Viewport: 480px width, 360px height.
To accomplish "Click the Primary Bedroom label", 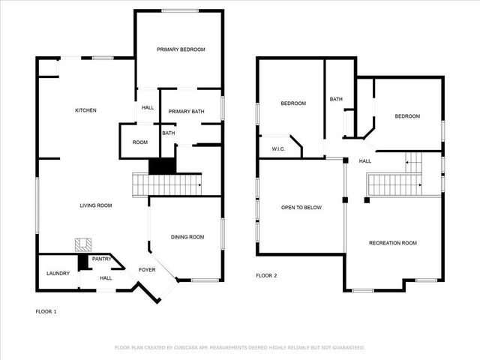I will (181, 49).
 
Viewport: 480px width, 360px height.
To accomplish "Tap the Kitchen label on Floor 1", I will (85, 110).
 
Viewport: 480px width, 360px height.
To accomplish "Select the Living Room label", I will (97, 205).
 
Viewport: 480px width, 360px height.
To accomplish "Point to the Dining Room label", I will (187, 237).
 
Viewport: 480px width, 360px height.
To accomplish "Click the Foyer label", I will (147, 269).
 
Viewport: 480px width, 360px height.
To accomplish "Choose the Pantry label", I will (102, 259).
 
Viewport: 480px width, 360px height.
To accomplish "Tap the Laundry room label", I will (58, 273).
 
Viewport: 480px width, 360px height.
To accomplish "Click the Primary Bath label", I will (186, 112).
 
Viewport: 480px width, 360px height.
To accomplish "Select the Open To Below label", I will (301, 207).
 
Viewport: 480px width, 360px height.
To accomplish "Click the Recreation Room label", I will (392, 243).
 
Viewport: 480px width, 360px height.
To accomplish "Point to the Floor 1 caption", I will (46, 310).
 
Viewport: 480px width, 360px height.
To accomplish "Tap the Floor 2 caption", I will (266, 276).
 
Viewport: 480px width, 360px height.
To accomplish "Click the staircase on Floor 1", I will (166, 184).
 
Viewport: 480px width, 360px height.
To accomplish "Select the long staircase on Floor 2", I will (393, 184).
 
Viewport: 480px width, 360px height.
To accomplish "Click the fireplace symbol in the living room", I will (82, 244).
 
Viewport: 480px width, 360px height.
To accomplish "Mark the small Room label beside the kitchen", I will (140, 142).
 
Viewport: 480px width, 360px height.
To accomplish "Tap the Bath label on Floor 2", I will (336, 99).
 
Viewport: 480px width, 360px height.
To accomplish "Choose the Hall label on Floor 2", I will (365, 161).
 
